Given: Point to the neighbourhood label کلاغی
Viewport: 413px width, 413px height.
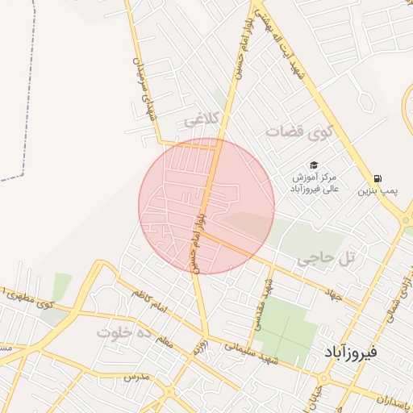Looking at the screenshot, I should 202,120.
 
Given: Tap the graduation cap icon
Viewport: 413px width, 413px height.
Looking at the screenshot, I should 314,165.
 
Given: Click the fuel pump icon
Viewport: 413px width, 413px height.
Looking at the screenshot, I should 378,179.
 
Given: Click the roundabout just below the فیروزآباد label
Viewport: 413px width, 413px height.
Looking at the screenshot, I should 324,378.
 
